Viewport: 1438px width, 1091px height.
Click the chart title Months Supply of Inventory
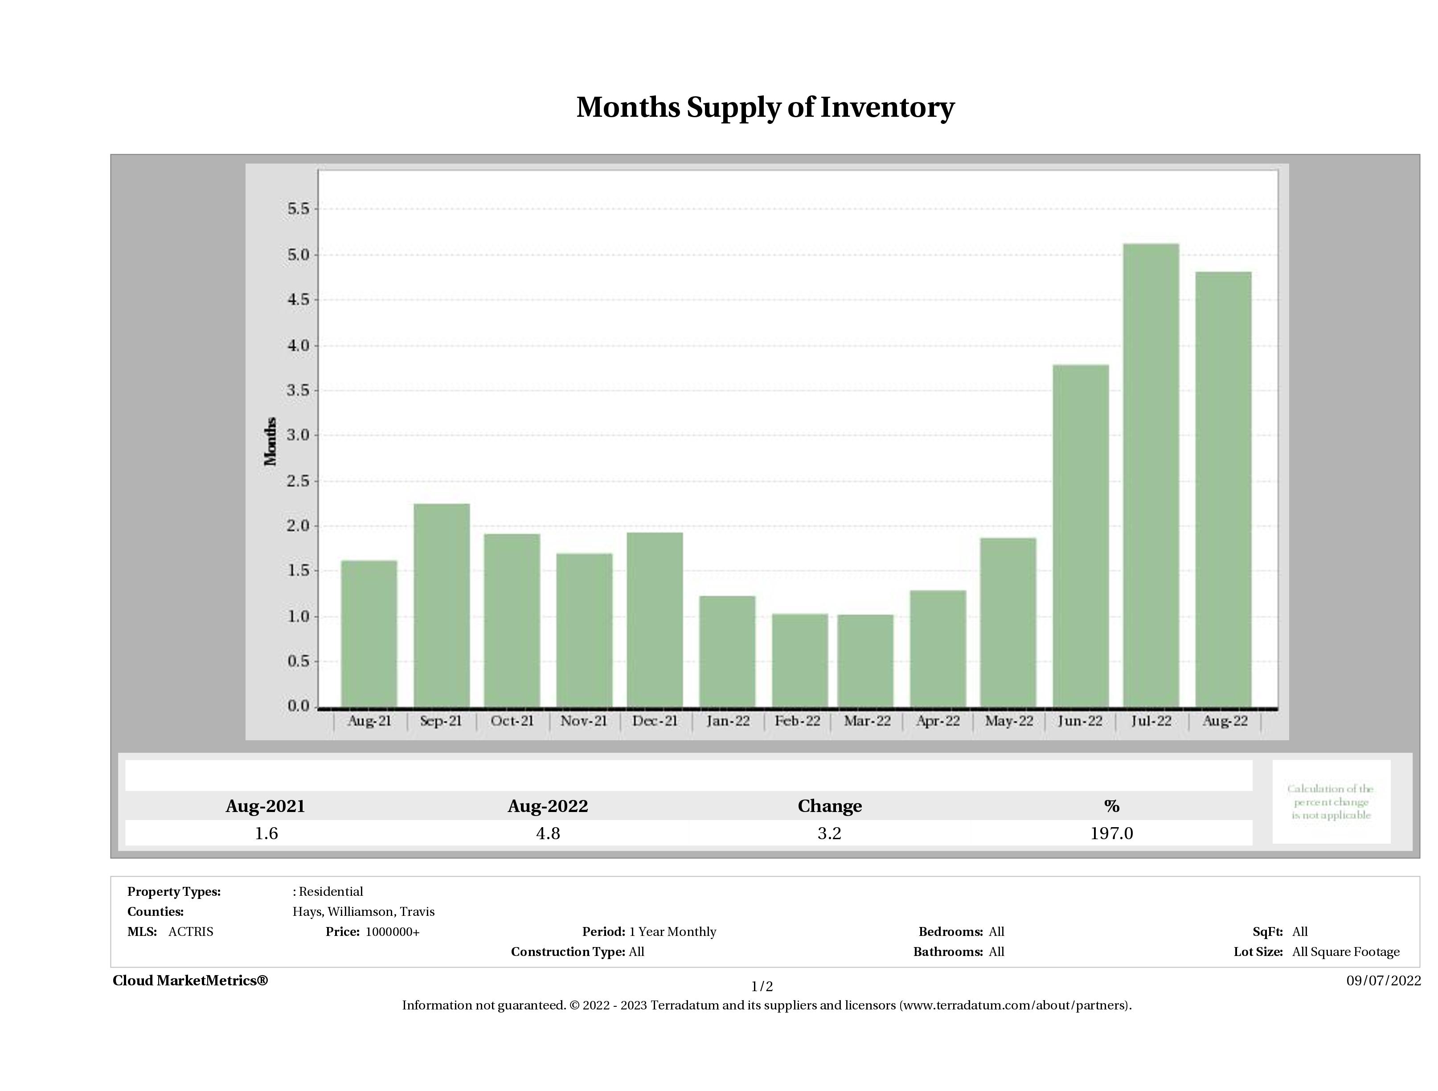765,107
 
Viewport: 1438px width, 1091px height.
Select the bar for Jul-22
1151,475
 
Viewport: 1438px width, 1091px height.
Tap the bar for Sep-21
442,605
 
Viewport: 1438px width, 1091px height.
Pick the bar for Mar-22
865,660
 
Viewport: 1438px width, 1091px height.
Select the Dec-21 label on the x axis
655,721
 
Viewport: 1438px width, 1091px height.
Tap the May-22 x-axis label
1008,721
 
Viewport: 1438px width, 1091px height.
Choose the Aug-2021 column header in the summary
265,806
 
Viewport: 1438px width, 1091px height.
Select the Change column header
830,806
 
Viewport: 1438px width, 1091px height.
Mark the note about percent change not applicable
1331,802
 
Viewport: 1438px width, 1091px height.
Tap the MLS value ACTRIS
190,932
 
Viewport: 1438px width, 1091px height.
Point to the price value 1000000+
392,932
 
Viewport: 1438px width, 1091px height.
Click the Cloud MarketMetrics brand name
190,980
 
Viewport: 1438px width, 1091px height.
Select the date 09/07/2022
1383,980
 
